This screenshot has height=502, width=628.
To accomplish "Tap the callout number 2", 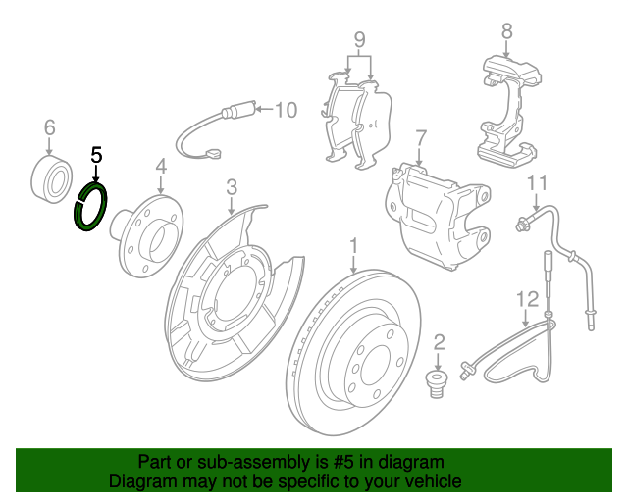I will point(439,342).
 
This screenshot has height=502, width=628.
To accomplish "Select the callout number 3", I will point(232,186).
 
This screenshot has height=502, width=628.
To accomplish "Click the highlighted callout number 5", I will point(96,155).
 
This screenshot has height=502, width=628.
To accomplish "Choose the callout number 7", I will point(421,136).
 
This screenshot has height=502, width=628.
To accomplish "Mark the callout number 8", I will point(506,30).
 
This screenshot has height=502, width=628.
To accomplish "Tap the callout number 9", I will point(359,41).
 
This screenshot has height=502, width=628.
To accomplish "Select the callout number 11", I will point(536,182).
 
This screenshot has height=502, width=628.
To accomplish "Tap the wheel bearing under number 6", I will point(51,176).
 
